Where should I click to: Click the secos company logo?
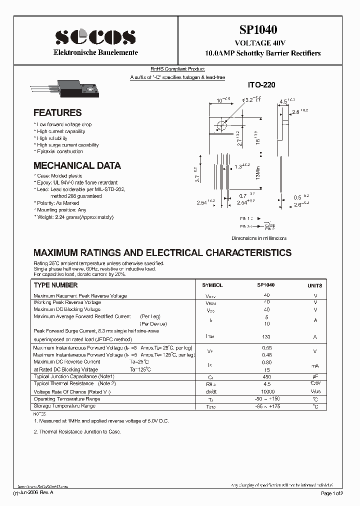tap(95, 37)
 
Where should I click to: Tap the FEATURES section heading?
tap(57, 112)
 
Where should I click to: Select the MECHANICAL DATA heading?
tap(77, 165)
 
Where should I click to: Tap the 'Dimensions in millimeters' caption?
tap(258, 238)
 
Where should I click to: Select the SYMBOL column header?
tap(212, 285)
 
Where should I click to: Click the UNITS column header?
tap(314, 285)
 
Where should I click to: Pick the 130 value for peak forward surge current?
tap(266, 337)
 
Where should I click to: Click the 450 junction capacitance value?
tap(266, 376)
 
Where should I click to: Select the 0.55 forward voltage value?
tap(266, 347)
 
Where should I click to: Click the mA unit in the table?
tap(315, 365)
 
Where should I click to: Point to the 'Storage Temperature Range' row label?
tap(65, 406)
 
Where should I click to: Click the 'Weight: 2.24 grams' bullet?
tap(74, 217)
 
